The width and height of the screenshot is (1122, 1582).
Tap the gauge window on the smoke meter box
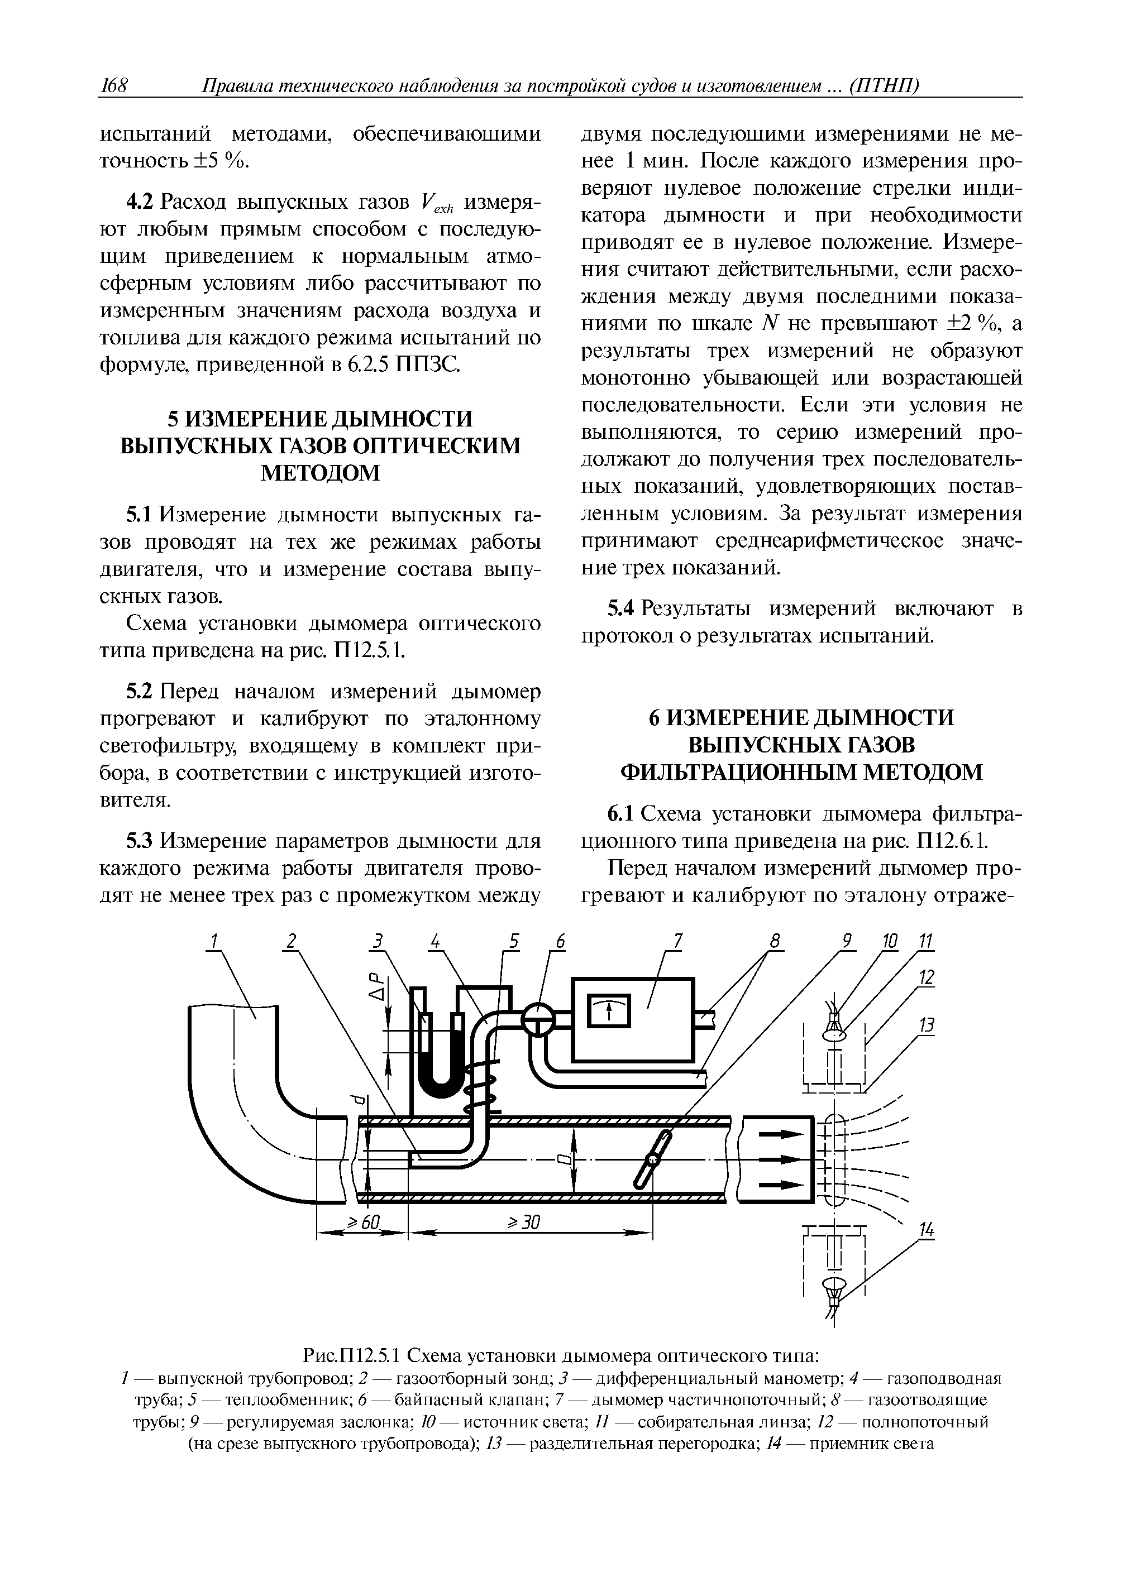[608, 1011]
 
